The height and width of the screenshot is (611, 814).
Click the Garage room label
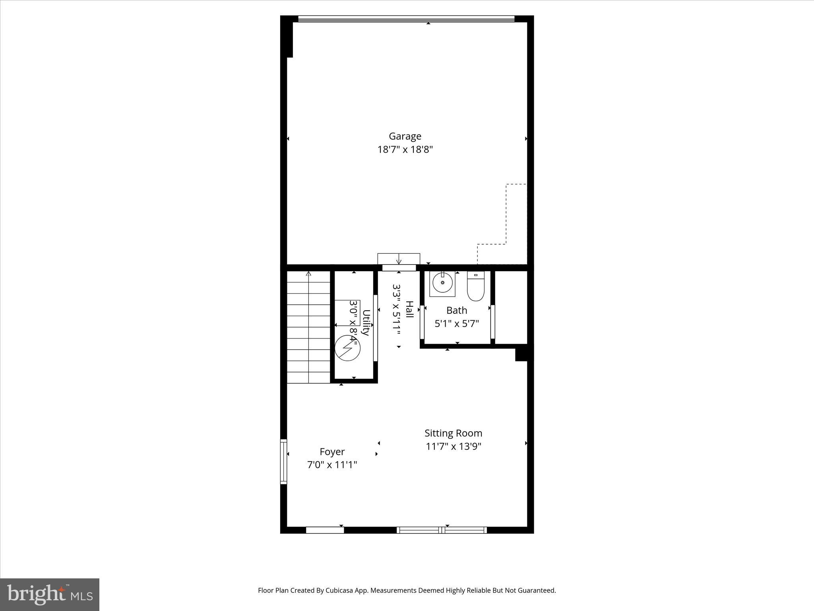coord(405,136)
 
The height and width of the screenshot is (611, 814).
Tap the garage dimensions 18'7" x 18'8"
coord(405,150)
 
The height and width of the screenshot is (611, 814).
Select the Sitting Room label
coord(453,433)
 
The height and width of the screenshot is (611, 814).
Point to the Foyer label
coord(332,452)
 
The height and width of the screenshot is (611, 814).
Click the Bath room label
coord(456,310)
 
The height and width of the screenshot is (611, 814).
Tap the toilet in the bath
coord(476,286)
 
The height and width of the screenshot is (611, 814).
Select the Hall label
coord(409,309)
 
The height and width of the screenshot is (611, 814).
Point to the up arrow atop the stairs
coord(308,274)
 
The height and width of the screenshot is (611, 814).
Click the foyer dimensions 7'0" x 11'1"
coord(332,465)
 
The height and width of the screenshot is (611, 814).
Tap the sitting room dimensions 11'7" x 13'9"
coord(453,446)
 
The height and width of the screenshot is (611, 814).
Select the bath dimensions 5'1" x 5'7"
coord(456,324)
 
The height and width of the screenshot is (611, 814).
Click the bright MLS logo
coord(50,595)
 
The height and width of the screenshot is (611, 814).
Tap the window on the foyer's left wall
coord(283,461)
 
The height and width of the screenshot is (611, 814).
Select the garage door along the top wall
coord(406,19)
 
